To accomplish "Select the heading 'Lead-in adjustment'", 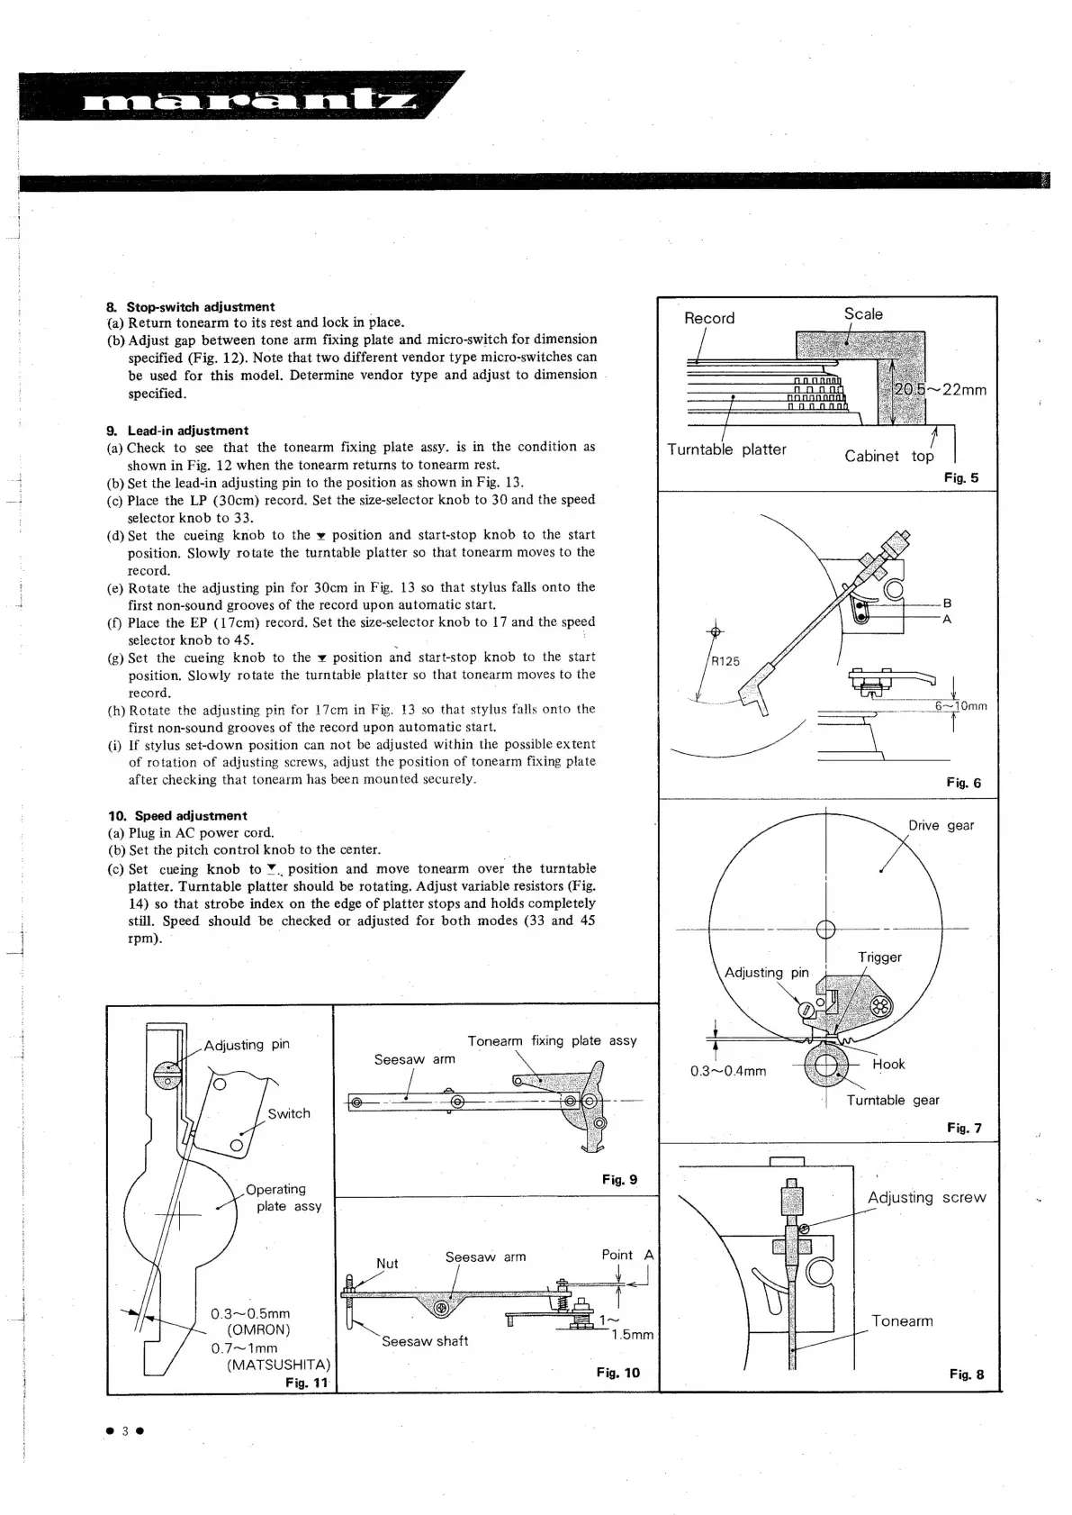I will click(187, 431).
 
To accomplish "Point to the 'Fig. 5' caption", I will click(960, 478).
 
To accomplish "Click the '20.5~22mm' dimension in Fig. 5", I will click(940, 390).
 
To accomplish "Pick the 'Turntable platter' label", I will click(726, 449).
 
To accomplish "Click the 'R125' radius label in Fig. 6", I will click(725, 661).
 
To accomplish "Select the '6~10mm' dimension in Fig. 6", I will click(960, 706).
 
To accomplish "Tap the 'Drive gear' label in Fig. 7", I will click(941, 825).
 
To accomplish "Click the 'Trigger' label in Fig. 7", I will click(879, 957).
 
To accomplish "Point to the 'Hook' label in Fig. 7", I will click(888, 1064).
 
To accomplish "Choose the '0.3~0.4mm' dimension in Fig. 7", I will click(728, 1071).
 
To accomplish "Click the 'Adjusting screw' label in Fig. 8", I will click(926, 1198).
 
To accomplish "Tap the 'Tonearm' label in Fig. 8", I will click(902, 1321).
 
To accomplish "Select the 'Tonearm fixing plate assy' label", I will click(552, 1041).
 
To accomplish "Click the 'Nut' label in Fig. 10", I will click(387, 1264).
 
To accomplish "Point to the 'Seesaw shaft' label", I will click(425, 1341).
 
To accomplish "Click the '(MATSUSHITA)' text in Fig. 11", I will click(278, 1365).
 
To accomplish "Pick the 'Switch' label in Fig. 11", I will click(289, 1114).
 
